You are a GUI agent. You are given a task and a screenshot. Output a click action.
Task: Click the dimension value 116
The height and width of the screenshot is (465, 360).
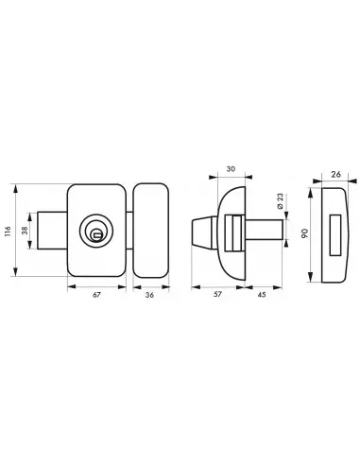pyautogui.click(x=9, y=232)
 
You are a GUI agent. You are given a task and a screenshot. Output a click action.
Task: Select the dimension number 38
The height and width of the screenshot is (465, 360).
pyautogui.click(x=25, y=231)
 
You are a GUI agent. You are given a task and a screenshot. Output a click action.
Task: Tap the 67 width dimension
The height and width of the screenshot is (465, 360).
pyautogui.click(x=96, y=295)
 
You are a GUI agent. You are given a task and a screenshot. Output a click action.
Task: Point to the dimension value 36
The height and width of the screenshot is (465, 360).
pyautogui.click(x=150, y=295)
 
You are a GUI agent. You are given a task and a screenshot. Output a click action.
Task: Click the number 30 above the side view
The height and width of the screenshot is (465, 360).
pyautogui.click(x=231, y=169)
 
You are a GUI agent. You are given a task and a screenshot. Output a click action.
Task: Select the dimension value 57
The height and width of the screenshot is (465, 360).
pyautogui.click(x=217, y=294)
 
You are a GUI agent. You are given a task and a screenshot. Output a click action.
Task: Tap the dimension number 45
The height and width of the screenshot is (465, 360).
pyautogui.click(x=262, y=295)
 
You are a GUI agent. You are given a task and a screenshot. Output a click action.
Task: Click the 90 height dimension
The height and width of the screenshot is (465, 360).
pyautogui.click(x=304, y=233)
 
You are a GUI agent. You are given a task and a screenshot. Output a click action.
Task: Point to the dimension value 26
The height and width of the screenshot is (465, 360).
pyautogui.click(x=336, y=174)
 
